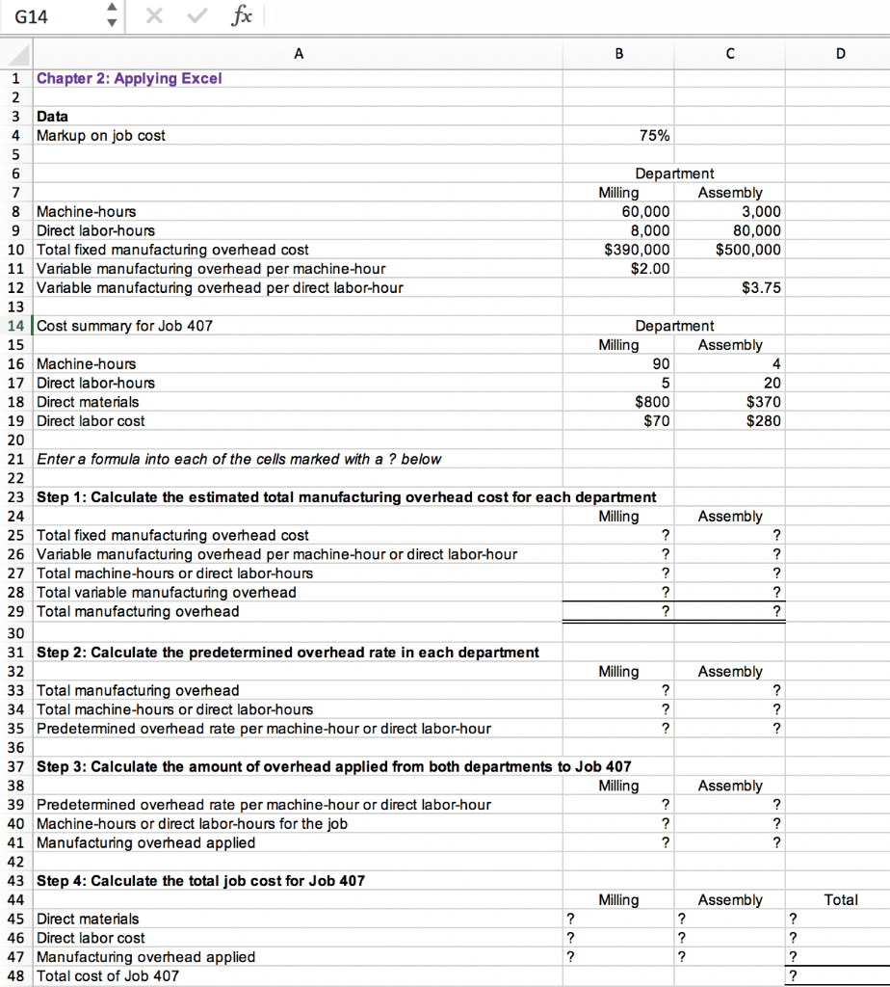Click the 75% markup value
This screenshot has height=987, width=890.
(x=654, y=136)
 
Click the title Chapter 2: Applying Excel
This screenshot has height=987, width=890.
(x=129, y=78)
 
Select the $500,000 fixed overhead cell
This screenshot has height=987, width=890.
(x=748, y=250)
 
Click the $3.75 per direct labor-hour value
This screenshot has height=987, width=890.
(x=762, y=287)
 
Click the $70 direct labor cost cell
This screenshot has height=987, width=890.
(x=657, y=420)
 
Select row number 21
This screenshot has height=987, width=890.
(x=14, y=459)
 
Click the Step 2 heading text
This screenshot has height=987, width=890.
(x=287, y=653)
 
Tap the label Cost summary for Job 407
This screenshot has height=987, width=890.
(x=124, y=326)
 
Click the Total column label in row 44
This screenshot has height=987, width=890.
(x=841, y=899)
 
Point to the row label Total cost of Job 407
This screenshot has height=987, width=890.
(x=107, y=975)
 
